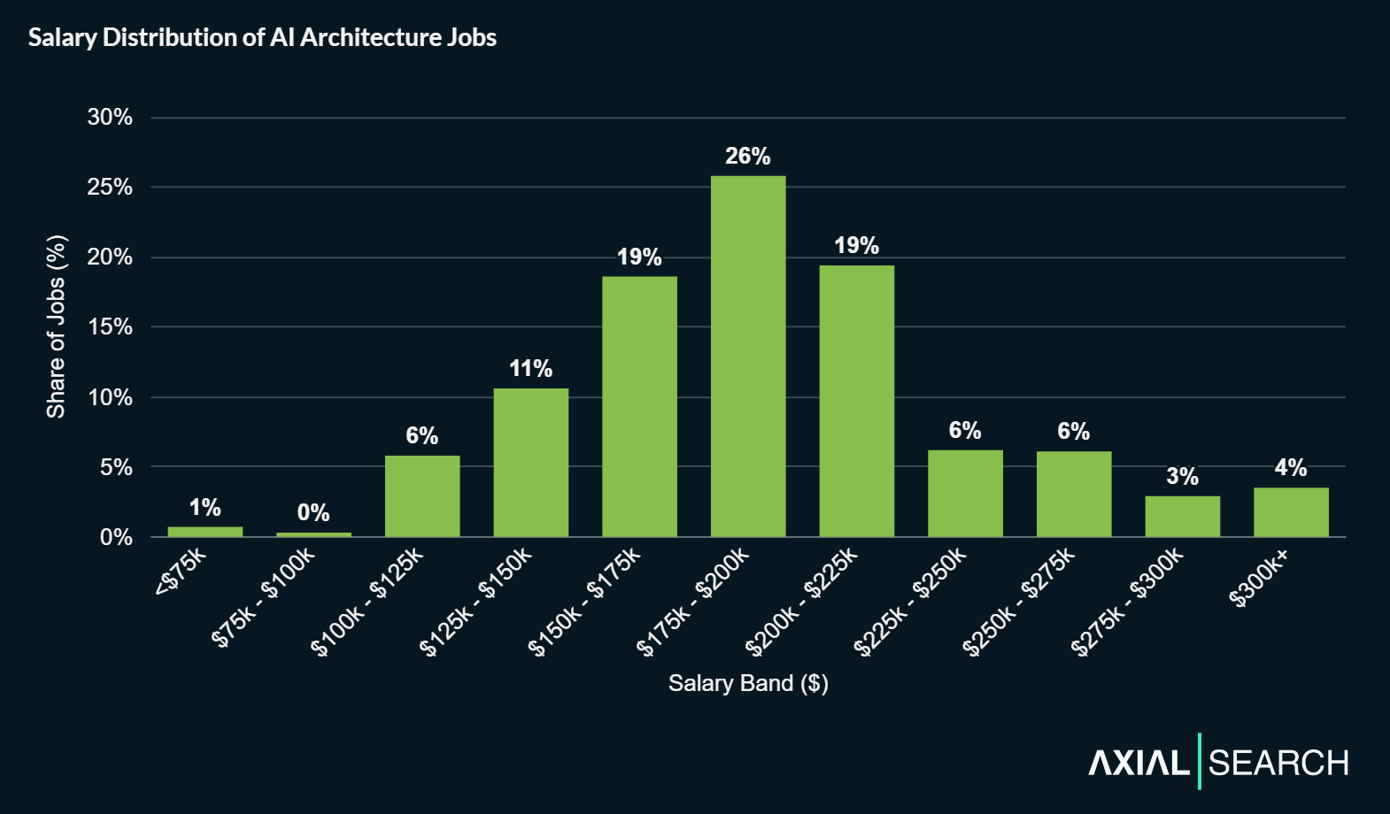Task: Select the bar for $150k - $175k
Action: [639, 407]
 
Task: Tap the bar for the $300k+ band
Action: [1291, 512]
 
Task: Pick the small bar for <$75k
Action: [205, 532]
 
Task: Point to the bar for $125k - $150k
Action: [531, 463]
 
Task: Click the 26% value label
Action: [748, 157]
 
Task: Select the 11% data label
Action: [531, 369]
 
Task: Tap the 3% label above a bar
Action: [1182, 477]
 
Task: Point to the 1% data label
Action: [205, 508]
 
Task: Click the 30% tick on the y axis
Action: [110, 118]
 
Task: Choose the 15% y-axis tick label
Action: [110, 327]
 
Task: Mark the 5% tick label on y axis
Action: [116, 467]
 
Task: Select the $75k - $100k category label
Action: [263, 597]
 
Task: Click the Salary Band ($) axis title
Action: [748, 683]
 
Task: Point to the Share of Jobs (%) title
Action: [56, 326]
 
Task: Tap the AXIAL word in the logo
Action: [1139, 763]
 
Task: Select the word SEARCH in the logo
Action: [1278, 763]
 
